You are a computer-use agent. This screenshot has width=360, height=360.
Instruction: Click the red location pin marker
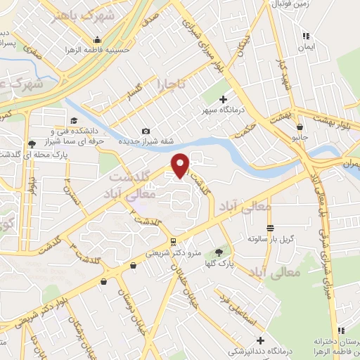(181, 165)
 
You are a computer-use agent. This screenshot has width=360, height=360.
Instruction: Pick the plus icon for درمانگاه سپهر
(224, 100)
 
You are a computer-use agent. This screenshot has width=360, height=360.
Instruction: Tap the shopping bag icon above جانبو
(300, 127)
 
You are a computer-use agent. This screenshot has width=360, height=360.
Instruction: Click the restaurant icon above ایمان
(304, 36)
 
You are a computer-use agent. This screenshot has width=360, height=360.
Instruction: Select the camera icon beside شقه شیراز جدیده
(146, 131)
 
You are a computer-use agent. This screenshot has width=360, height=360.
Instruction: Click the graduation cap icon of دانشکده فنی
(72, 120)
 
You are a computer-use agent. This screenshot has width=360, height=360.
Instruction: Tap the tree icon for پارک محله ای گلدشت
(31, 145)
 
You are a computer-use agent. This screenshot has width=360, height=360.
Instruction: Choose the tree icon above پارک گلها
(219, 252)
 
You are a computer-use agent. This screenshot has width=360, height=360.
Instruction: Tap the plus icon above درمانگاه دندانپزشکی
(259, 341)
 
